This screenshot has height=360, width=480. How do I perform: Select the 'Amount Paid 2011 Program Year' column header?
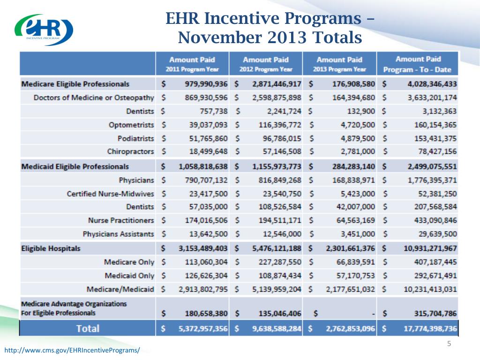point(192,64)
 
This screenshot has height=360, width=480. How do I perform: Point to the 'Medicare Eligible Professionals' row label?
point(75,84)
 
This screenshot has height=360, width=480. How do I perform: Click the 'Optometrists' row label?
point(131,125)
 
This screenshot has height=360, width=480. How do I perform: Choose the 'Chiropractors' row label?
point(130,152)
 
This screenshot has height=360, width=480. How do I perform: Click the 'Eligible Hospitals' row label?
point(51,248)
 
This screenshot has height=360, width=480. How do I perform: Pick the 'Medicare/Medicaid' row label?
point(120,289)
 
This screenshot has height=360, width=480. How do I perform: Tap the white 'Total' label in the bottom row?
point(88,328)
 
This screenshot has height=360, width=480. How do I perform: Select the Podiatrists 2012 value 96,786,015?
point(280,139)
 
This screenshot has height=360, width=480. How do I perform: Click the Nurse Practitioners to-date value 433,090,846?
point(431,220)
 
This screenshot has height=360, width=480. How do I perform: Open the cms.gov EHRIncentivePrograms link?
point(72,350)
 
